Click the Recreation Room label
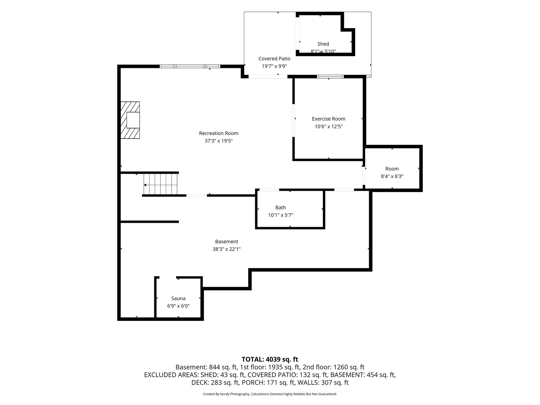(219, 133)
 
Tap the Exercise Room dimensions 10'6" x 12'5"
(329, 126)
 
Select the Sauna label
(178, 298)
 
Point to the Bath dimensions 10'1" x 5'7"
(281, 215)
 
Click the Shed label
(323, 44)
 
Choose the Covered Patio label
(274, 59)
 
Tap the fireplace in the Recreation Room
(130, 120)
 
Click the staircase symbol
(161, 184)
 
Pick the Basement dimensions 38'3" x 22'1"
(227, 249)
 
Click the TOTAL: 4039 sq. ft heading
(270, 359)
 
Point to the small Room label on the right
(392, 169)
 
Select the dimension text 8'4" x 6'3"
(392, 176)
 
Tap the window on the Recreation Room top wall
(190, 66)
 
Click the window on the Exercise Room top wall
(330, 77)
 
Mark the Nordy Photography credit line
(270, 394)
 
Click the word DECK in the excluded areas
(200, 383)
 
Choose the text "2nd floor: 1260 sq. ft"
(333, 367)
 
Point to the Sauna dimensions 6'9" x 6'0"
(178, 306)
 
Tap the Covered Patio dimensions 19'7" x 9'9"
(274, 66)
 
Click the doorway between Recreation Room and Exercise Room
(294, 120)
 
